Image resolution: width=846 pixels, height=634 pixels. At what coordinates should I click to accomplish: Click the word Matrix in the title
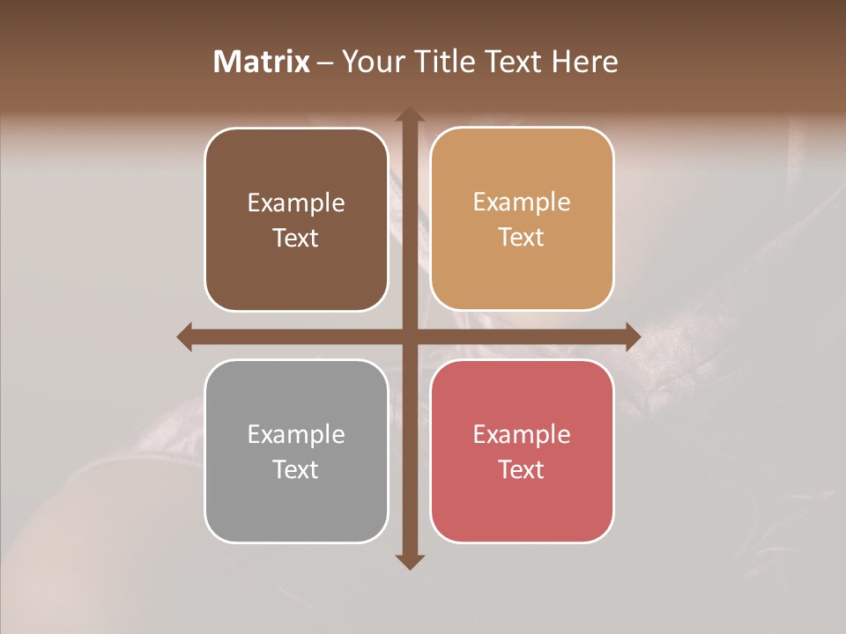coord(262,62)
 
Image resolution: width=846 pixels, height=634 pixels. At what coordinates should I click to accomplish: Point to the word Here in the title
coord(585,62)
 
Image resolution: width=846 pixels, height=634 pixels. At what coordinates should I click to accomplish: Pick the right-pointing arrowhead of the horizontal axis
coord(633,336)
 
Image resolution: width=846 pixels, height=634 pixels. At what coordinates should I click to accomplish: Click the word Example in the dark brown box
coord(296,203)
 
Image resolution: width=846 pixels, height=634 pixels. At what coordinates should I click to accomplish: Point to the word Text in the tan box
coord(522,238)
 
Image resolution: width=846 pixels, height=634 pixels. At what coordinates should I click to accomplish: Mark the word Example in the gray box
coord(296,434)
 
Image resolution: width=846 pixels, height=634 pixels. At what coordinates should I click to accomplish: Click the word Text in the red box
coord(522,469)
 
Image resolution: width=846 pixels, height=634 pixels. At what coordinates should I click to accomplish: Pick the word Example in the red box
coord(522,434)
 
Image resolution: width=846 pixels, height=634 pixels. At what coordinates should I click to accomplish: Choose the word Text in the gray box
coord(296,469)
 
